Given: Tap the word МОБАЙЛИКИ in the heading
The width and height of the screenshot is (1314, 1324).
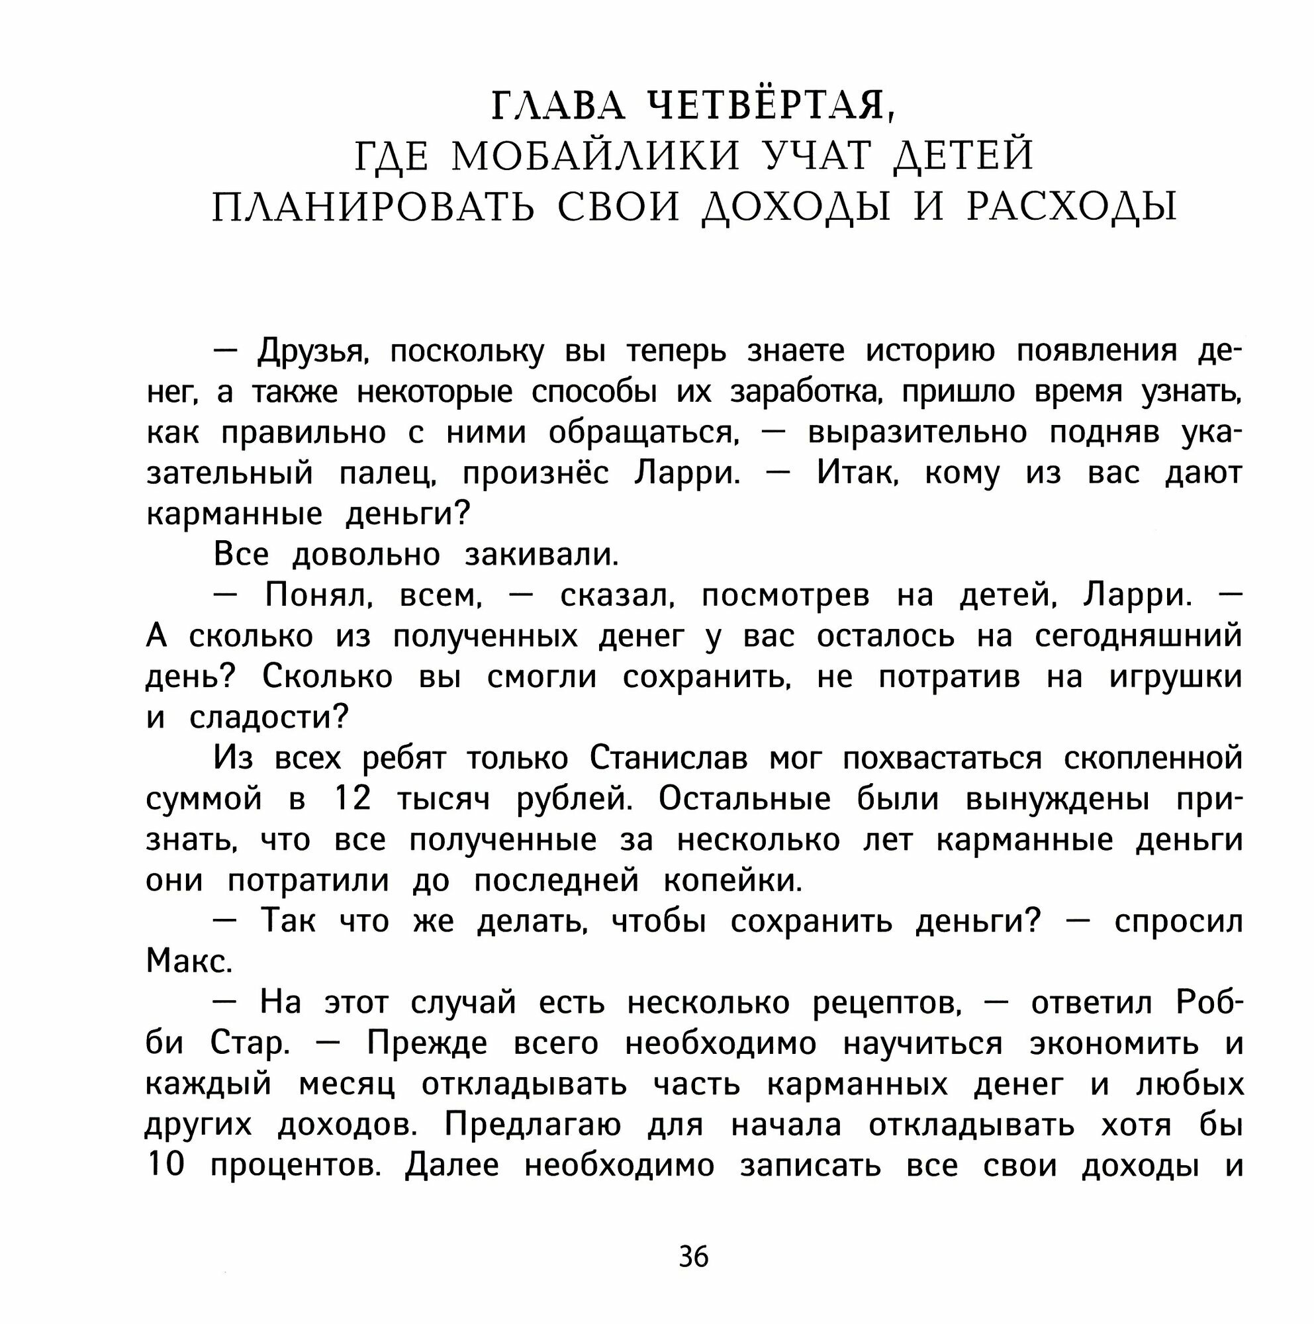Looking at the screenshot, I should tap(596, 156).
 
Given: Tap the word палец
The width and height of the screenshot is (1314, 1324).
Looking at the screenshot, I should tap(388, 473).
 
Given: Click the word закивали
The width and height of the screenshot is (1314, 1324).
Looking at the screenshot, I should tap(541, 554).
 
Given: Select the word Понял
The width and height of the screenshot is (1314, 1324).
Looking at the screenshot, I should tap(318, 596).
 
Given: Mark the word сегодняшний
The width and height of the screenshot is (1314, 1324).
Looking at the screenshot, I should tap(1138, 636).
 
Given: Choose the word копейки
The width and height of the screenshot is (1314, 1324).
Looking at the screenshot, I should tap(732, 880).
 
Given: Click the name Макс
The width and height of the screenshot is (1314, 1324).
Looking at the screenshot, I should tap(189, 962).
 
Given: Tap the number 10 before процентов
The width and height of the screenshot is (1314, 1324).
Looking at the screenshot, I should tap(165, 1166).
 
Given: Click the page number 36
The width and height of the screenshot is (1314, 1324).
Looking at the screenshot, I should tap(693, 1258).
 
